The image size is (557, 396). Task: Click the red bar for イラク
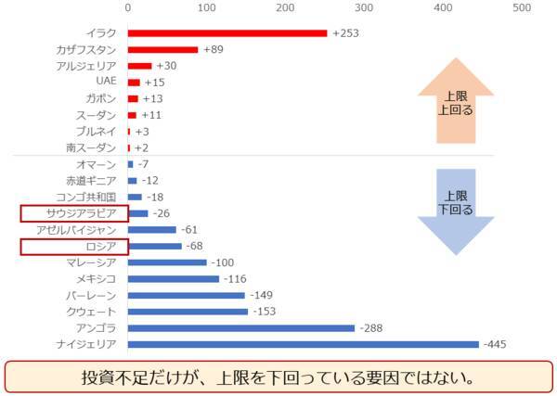(227, 33)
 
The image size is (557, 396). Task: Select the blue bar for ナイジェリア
(303, 344)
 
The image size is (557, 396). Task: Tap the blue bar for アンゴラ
(241, 327)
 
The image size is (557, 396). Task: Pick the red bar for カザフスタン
(162, 49)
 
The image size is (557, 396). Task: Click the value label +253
(344, 33)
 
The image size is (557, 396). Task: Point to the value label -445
(498, 344)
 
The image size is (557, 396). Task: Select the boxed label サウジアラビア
(74, 213)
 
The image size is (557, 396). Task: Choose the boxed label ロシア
(74, 246)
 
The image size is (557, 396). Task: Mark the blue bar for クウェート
(188, 312)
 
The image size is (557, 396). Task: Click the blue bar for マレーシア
(167, 262)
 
